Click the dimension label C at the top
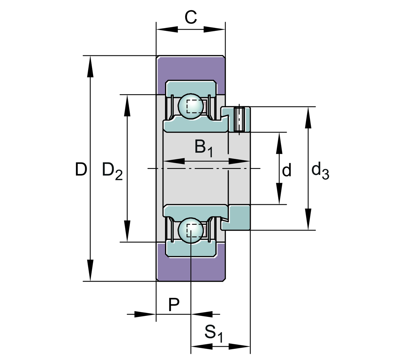pyautogui.click(x=190, y=17)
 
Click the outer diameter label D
pyautogui.click(x=81, y=169)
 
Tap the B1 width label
pyautogui.click(x=204, y=148)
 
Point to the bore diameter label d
pyautogui.click(x=287, y=170)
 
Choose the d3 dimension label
pyautogui.click(x=320, y=170)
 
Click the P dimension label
pyautogui.click(x=174, y=305)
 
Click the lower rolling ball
pyautogui.click(x=191, y=230)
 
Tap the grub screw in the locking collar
pyautogui.click(x=239, y=119)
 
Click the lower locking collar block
pyautogui.click(x=239, y=218)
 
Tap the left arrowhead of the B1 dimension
pyautogui.click(x=174, y=161)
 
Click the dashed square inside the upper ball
pyautogui.click(x=194, y=106)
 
